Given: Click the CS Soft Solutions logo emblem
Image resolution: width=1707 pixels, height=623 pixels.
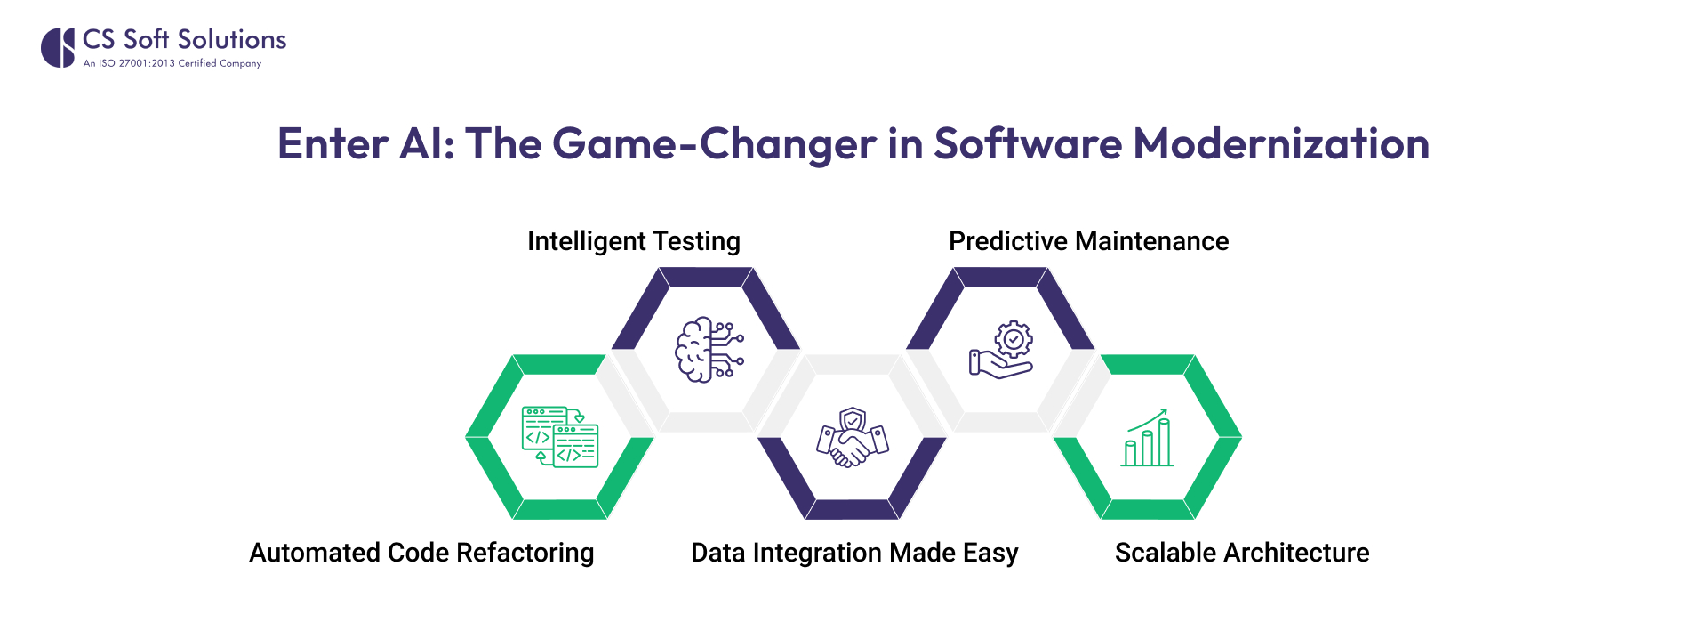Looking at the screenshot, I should tap(58, 47).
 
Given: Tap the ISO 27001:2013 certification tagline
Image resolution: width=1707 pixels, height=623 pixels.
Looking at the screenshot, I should tap(172, 63).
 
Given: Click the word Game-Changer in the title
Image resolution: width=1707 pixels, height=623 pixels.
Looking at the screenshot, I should tap(714, 143).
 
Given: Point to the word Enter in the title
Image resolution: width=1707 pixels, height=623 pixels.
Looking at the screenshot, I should tap(333, 143).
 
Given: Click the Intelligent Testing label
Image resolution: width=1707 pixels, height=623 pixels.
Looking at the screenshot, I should tap(633, 241).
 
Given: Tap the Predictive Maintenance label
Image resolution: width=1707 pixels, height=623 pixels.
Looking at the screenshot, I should tap(1088, 241).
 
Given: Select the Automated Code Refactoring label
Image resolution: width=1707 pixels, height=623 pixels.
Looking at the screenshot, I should tap(421, 553).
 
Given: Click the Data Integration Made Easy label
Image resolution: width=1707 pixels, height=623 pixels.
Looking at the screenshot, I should tap(854, 553).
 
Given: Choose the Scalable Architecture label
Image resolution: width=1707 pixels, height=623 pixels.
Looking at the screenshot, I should tap(1242, 553).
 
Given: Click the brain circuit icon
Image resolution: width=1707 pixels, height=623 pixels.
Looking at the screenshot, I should tap(709, 349).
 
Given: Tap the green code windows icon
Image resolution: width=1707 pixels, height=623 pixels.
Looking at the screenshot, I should tap(559, 437).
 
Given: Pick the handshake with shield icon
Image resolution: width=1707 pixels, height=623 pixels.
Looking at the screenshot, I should tap(853, 437).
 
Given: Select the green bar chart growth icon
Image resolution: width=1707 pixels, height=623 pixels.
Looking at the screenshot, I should tap(1147, 438).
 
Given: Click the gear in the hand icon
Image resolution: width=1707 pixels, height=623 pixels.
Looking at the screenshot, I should tap(1014, 338).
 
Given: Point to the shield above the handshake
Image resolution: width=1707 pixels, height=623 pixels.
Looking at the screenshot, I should tap(853, 419).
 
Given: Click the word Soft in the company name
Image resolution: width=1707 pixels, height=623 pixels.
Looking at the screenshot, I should tap(146, 39).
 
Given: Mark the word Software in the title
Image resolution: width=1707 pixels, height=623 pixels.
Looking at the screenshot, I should tap(1028, 143).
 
